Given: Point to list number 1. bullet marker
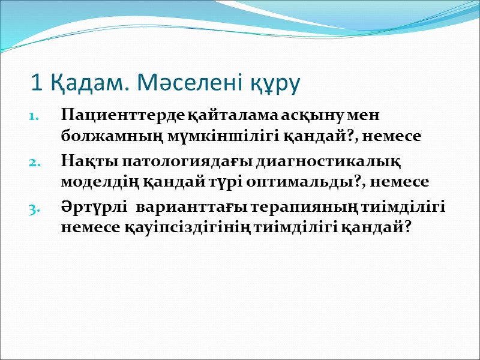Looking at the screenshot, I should click(x=35, y=116).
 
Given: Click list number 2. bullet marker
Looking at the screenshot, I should click(x=35, y=162).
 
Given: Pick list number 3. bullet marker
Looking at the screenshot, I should click(x=35, y=208).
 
